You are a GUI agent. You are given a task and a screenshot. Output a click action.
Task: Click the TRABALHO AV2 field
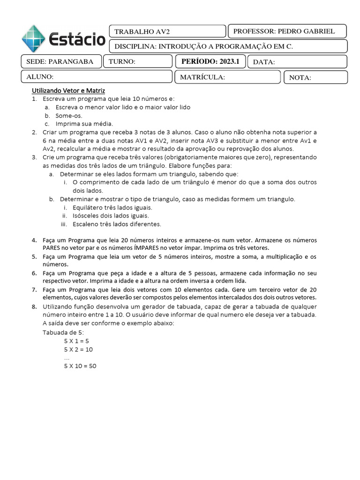click(x=167, y=31)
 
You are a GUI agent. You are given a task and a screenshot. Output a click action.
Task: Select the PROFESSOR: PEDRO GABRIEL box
click(x=287, y=31)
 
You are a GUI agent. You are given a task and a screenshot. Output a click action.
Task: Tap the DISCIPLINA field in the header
click(x=228, y=46)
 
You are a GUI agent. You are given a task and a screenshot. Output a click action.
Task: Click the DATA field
click(x=297, y=62)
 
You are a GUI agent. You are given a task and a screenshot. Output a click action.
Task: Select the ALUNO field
click(x=97, y=77)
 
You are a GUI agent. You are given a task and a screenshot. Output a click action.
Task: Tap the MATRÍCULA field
click(x=227, y=77)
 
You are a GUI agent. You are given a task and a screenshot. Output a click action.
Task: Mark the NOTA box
click(x=315, y=77)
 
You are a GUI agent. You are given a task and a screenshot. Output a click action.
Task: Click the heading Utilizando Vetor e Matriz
click(x=68, y=90)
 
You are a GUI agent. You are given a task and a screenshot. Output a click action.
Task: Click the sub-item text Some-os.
click(x=68, y=115)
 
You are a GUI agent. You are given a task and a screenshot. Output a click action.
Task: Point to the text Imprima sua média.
click(x=84, y=124)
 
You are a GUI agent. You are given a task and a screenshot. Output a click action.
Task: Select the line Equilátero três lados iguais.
click(x=112, y=207)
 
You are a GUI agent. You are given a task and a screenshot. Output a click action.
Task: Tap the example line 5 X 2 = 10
click(x=78, y=349)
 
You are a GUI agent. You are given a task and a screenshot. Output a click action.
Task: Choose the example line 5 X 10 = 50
click(x=80, y=366)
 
